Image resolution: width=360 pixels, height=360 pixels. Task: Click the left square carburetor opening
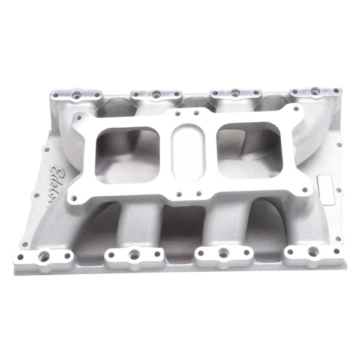[127, 148]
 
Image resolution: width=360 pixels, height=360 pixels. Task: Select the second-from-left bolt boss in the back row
[155, 94]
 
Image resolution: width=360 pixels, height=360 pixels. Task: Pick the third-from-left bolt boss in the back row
[235, 93]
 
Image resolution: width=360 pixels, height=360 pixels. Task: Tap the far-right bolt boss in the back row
[316, 91]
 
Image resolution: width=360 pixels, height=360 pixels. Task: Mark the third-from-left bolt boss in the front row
[224, 254]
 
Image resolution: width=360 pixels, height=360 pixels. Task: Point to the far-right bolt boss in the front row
[312, 253]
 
